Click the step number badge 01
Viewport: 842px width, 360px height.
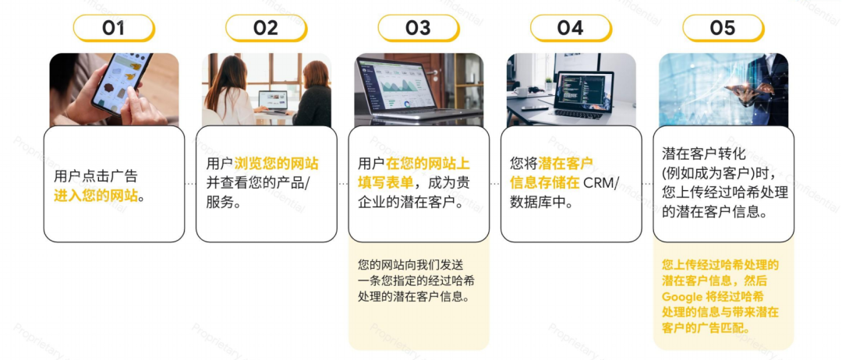(x=114, y=28)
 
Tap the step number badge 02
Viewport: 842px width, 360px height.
(x=266, y=28)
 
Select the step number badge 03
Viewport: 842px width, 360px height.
(x=418, y=28)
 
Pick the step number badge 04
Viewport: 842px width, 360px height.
(x=570, y=28)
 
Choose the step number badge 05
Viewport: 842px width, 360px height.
(x=723, y=28)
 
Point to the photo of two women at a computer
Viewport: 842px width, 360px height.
(x=266, y=90)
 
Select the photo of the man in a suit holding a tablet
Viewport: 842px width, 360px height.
(x=723, y=90)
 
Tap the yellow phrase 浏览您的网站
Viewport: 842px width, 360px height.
(x=276, y=164)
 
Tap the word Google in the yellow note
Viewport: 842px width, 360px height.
(x=682, y=297)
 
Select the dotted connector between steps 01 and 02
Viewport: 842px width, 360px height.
(x=190, y=184)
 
